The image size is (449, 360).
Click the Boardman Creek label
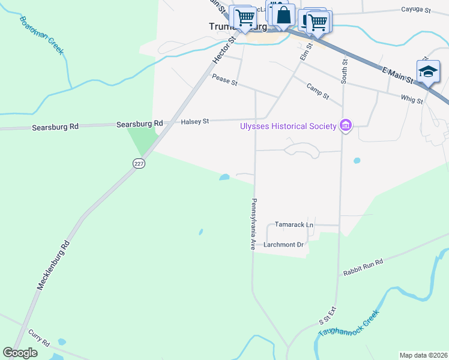(x=41, y=35)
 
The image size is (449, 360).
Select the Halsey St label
(x=194, y=122)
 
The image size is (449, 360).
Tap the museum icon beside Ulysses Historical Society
(x=346, y=125)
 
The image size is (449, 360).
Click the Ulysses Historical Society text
(x=288, y=126)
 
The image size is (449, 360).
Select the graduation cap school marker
(x=427, y=71)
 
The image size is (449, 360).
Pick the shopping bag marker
(x=284, y=16)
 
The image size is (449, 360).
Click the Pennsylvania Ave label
(x=254, y=224)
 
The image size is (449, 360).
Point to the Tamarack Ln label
(x=294, y=224)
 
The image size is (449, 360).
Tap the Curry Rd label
(x=38, y=337)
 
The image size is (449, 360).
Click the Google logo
(x=20, y=352)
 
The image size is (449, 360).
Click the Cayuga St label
(x=416, y=10)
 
